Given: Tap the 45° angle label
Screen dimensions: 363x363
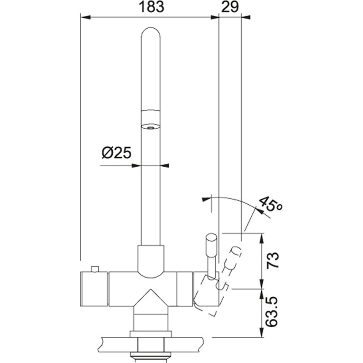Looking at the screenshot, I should (270, 206).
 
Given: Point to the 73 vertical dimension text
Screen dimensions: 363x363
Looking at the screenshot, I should (274, 261).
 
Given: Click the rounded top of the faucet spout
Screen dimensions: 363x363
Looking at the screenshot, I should (151, 34).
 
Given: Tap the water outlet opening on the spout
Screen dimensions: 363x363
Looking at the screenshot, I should (150, 126).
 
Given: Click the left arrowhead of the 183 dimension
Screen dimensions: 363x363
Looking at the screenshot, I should (85, 17).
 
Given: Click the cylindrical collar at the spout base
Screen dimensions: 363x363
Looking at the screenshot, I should (151, 260).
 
